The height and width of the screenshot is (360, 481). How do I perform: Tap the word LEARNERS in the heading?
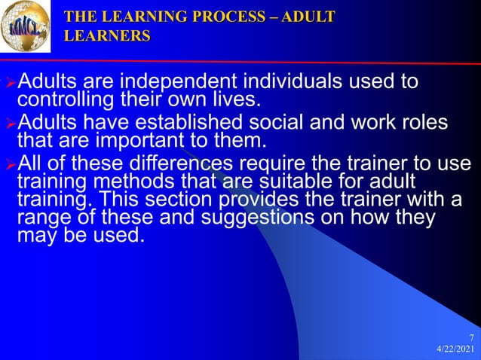[x=107, y=35]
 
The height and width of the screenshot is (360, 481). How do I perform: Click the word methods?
[x=112, y=181]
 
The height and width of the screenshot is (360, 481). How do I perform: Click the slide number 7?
[x=471, y=338]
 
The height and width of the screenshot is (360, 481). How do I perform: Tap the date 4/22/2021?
[x=455, y=351]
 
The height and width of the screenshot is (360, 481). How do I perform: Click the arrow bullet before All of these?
[x=10, y=164]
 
